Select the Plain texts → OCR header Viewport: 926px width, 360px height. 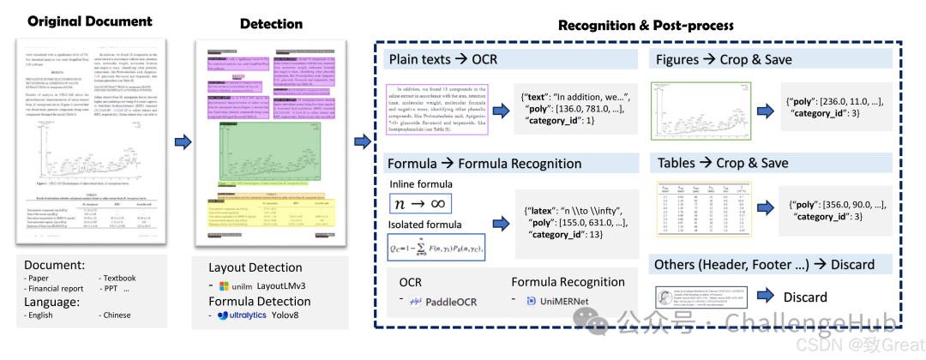click(443, 60)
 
